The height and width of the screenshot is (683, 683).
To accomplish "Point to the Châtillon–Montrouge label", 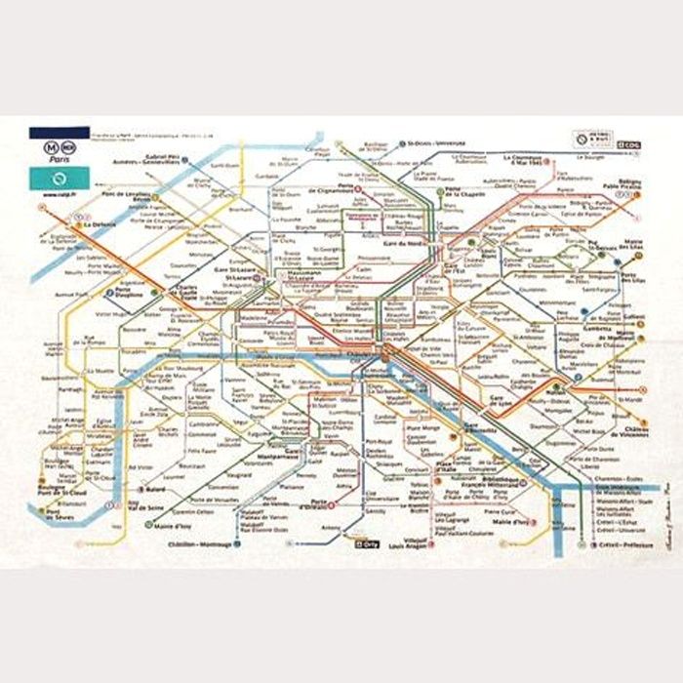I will point(201,544).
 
